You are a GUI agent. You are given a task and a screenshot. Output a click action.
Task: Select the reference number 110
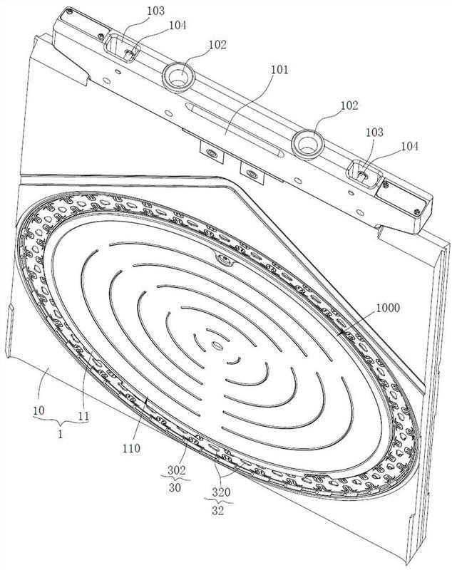131,447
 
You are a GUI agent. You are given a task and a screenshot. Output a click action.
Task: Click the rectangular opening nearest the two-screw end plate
360,172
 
